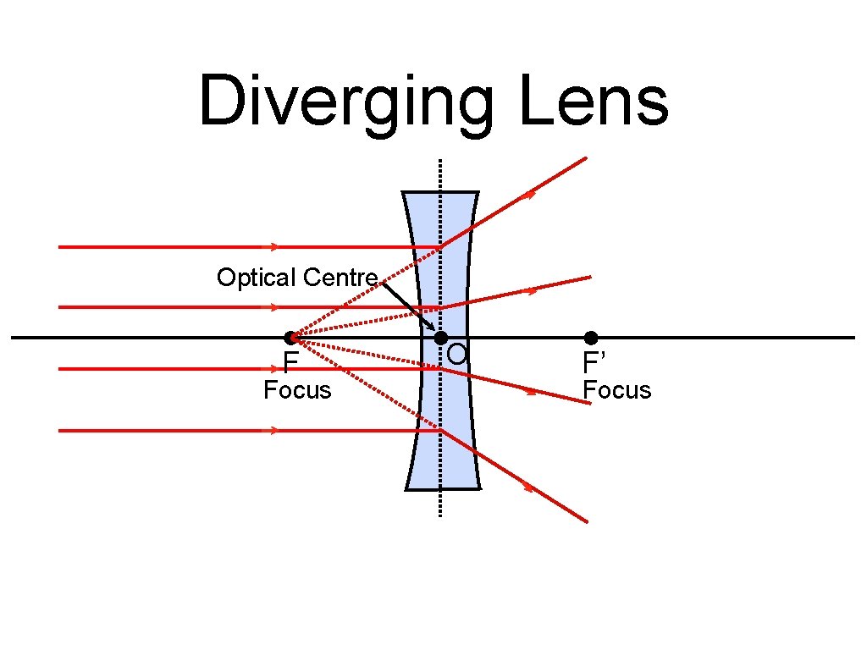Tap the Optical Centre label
pyautogui.click(x=296, y=278)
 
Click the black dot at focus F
pyautogui.click(x=290, y=338)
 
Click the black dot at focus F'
pyautogui.click(x=591, y=338)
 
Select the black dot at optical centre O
pyautogui.click(x=440, y=338)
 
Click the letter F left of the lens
pyautogui.click(x=290, y=364)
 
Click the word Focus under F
pyautogui.click(x=297, y=391)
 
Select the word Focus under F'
pyautogui.click(x=617, y=391)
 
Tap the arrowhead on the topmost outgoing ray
pyautogui.click(x=530, y=195)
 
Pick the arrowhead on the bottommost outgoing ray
pyautogui.click(x=530, y=487)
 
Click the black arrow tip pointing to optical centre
pyautogui.click(x=432, y=328)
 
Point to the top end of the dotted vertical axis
pyautogui.click(x=440, y=161)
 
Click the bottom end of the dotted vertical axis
pyautogui.click(x=440, y=515)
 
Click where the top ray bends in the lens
pyautogui.click(x=440, y=247)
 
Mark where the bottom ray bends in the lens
pyautogui.click(x=440, y=431)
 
